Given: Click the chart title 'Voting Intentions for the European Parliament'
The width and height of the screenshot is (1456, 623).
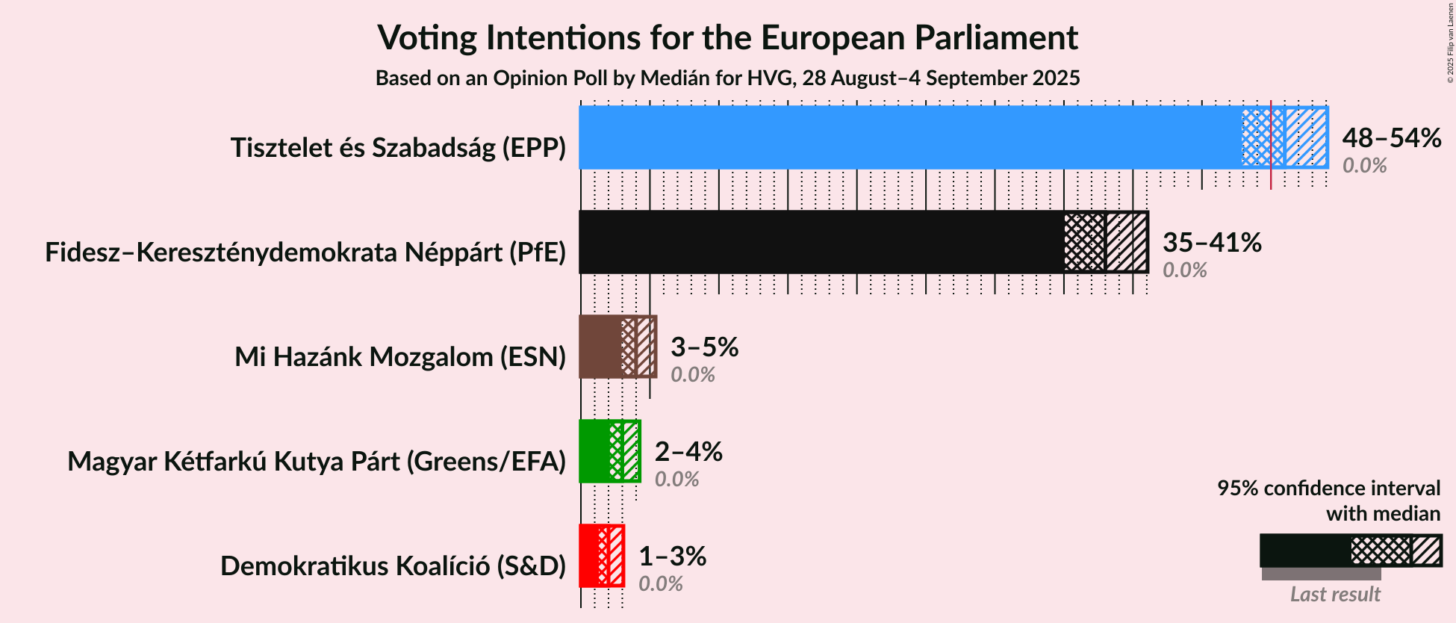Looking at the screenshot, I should [727, 37].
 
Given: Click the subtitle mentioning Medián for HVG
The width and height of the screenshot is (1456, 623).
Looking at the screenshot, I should [727, 78].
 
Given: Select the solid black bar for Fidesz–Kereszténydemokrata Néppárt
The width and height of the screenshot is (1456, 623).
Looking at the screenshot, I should [821, 242].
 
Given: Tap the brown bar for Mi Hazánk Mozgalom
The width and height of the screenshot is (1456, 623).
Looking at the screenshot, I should [600, 347].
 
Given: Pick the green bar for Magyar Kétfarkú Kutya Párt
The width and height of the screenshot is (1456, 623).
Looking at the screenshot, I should [594, 451].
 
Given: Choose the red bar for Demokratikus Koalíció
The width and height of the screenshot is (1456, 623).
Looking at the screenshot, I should [588, 556].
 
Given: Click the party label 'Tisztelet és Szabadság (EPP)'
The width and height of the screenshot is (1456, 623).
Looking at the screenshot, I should [398, 148].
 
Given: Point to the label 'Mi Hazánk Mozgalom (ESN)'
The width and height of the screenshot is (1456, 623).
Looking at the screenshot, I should [400, 357].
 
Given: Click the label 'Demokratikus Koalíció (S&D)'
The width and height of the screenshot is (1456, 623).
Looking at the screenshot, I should [393, 566].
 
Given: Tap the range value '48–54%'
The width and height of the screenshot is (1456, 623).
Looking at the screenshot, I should [1391, 137].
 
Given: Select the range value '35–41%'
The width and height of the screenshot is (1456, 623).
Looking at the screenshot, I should [1212, 242].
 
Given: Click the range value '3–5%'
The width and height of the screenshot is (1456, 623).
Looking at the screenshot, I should [704, 347].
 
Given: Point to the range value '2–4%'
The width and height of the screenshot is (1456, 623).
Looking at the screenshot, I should [688, 451].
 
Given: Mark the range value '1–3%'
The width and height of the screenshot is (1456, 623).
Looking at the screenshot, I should [672, 556].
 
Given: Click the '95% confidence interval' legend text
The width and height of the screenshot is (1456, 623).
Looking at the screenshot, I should [1328, 489].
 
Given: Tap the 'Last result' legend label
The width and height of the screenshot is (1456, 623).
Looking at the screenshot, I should [1334, 595].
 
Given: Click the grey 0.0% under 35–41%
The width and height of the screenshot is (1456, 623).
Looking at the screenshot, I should [1184, 270].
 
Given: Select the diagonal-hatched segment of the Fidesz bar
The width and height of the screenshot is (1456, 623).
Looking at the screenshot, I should [1126, 242].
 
